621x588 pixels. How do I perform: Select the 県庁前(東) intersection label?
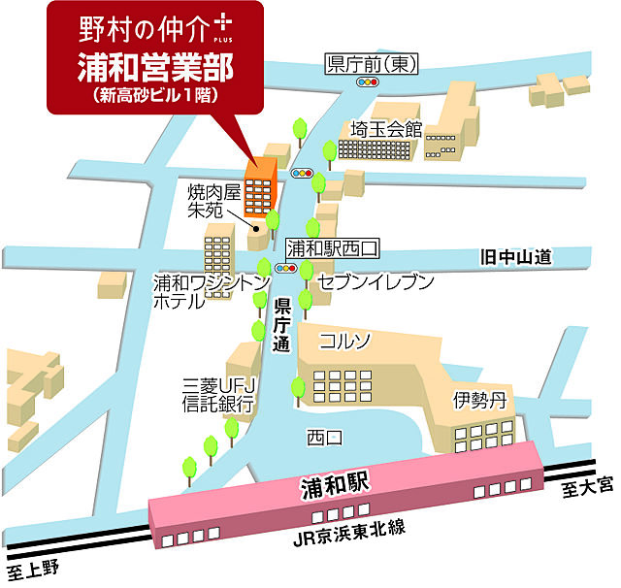(373, 65)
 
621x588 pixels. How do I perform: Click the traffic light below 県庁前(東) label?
(368, 84)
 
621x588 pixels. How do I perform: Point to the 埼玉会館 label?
(386, 128)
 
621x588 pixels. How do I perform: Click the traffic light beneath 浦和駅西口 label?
(286, 268)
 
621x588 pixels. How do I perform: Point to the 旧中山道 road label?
(516, 257)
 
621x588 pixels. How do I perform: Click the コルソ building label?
(345, 341)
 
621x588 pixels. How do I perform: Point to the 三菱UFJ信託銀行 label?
(217, 391)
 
